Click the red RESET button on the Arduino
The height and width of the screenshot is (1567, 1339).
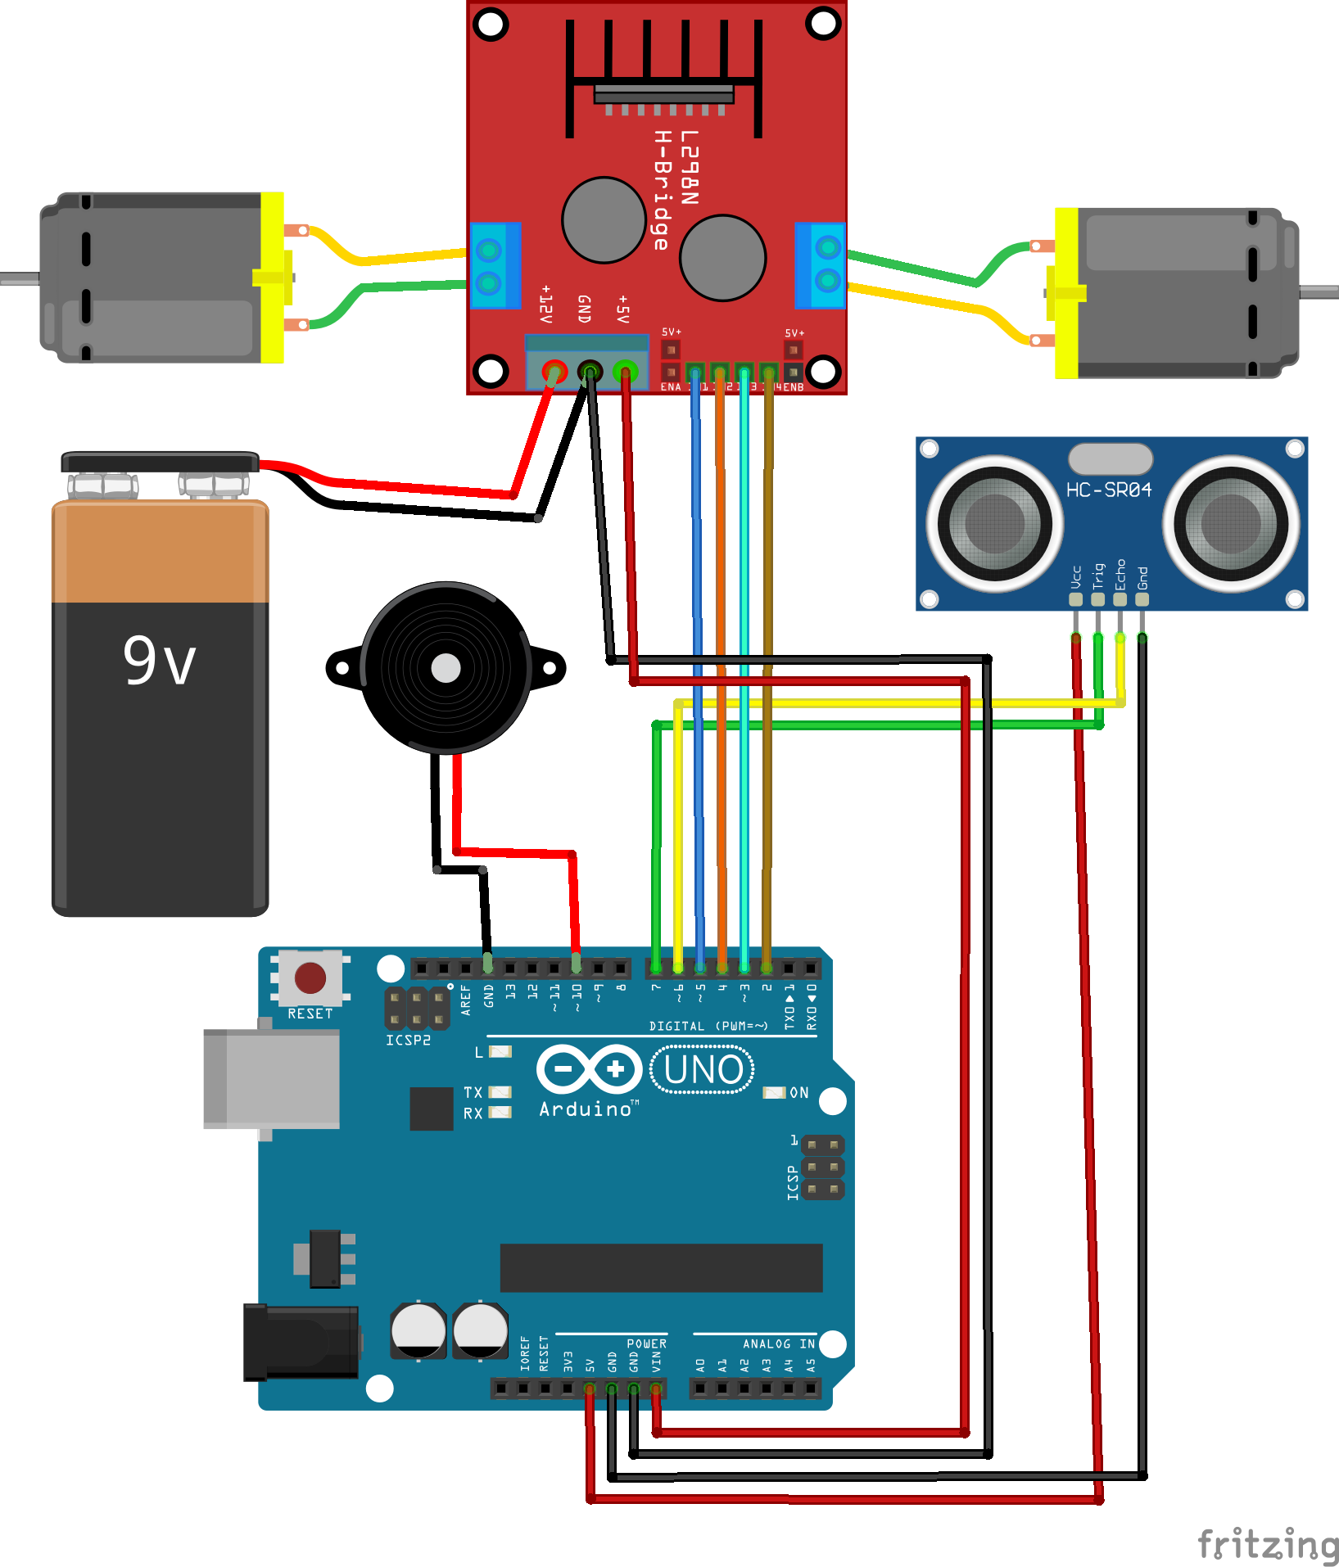(310, 977)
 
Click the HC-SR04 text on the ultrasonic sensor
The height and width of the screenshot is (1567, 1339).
(1108, 490)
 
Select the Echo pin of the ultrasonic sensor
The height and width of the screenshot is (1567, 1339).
(1120, 599)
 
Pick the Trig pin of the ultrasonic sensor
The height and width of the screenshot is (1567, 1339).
(1097, 599)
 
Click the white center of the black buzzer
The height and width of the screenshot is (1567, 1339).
(446, 668)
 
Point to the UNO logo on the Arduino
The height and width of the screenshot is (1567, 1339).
(703, 1070)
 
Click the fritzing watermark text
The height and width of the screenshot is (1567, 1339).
(1268, 1544)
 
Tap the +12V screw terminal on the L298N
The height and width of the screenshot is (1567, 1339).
(554, 372)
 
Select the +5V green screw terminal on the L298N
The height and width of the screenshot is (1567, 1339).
(625, 372)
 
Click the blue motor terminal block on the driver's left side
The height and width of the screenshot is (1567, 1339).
(494, 264)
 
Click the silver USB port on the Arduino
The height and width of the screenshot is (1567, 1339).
(272, 1079)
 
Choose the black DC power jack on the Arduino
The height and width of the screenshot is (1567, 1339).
(301, 1343)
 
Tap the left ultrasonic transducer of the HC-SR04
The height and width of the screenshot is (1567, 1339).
(994, 522)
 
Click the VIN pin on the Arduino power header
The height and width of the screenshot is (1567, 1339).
(656, 1389)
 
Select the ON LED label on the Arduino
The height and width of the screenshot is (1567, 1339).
(798, 1093)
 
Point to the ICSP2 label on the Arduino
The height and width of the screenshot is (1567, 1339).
(408, 1040)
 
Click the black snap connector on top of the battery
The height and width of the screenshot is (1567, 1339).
(161, 462)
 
